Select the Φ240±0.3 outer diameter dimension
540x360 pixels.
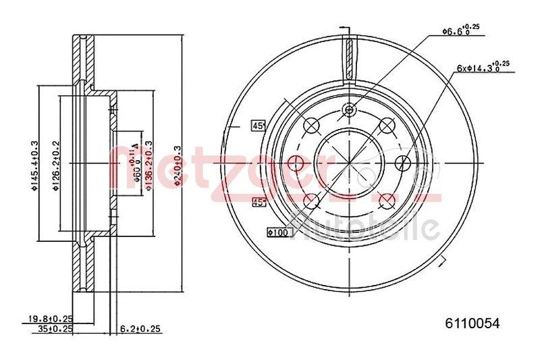178,162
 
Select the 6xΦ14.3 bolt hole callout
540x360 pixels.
481,66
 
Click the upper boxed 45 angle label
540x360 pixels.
257,125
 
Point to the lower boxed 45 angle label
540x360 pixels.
257,201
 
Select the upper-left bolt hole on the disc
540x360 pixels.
312,125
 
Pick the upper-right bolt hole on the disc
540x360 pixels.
387,125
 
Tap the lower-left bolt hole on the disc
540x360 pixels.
312,200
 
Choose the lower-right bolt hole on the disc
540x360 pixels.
387,200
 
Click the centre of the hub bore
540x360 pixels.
349,162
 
